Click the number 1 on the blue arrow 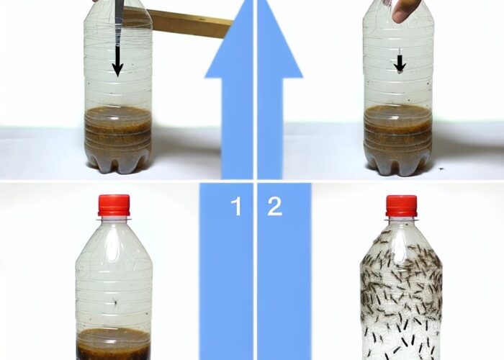coord(237,207)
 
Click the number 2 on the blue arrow coord(275,207)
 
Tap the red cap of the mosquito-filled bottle coord(402,206)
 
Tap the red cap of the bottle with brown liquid coord(114,205)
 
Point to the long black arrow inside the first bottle coord(117,61)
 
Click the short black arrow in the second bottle coord(400,63)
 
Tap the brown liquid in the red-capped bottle coord(114,344)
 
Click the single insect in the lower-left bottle coord(115,302)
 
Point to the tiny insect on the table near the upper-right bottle coord(441,168)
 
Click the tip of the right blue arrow coord(261,1)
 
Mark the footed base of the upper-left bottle coord(117,164)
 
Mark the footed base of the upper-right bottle coord(397,166)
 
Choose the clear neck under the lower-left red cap coord(114,219)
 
